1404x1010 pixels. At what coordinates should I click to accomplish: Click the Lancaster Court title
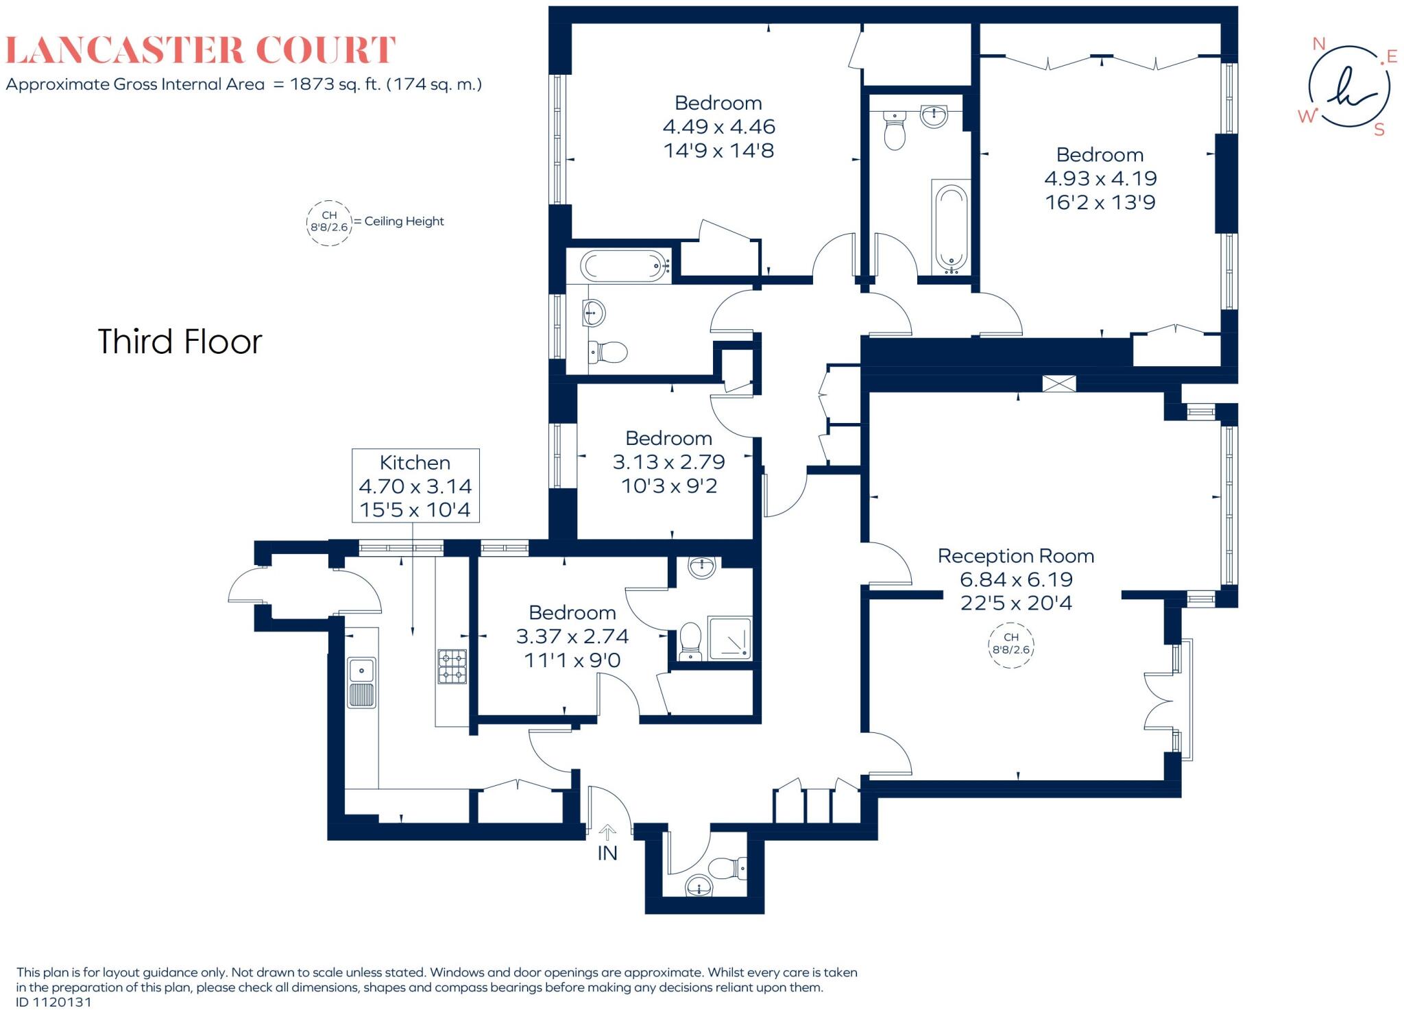200,50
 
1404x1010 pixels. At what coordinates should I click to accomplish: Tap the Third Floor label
180,341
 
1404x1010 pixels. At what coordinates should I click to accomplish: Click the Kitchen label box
415,485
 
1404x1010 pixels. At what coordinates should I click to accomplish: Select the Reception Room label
1015,555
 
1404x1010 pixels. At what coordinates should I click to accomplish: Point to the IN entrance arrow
607,832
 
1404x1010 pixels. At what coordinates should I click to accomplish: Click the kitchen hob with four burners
452,666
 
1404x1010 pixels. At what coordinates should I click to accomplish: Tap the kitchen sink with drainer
361,682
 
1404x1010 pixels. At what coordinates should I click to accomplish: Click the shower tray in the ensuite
729,639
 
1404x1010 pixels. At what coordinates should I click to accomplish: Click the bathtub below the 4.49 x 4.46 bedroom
624,265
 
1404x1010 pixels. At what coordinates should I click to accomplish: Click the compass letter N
1318,45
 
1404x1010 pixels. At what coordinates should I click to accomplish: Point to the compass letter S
1379,130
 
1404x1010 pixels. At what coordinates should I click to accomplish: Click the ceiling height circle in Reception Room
1011,644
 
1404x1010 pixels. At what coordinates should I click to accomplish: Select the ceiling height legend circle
329,221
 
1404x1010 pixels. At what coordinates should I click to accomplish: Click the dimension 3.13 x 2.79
668,462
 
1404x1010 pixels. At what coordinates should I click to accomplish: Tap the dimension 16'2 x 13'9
1100,202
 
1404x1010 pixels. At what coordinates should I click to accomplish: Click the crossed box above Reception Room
1058,383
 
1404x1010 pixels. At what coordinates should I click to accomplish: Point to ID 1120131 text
54,1002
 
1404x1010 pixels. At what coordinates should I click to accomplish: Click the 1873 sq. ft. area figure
335,84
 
